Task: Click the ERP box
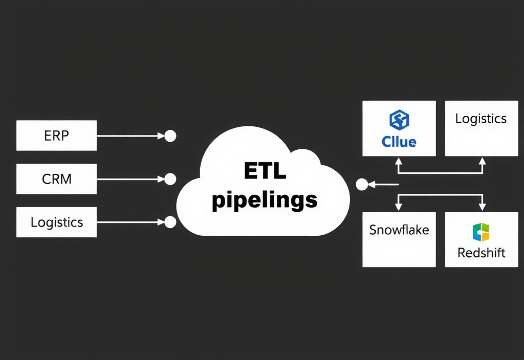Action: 56,136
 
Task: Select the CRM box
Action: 56,179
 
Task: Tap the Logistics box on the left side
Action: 56,222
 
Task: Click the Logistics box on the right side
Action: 481,128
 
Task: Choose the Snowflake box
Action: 399,239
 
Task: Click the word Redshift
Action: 481,253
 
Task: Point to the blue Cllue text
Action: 399,141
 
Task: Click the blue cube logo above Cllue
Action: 399,120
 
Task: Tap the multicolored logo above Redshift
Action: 481,232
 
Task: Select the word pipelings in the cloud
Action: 264,200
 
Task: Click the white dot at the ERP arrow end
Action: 170,136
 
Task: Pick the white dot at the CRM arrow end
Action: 170,179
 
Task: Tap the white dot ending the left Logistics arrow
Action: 170,222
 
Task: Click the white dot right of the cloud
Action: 362,185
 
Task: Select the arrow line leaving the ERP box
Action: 128,136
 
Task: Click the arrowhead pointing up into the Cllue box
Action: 399,160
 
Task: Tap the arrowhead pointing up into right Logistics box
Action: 482,160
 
